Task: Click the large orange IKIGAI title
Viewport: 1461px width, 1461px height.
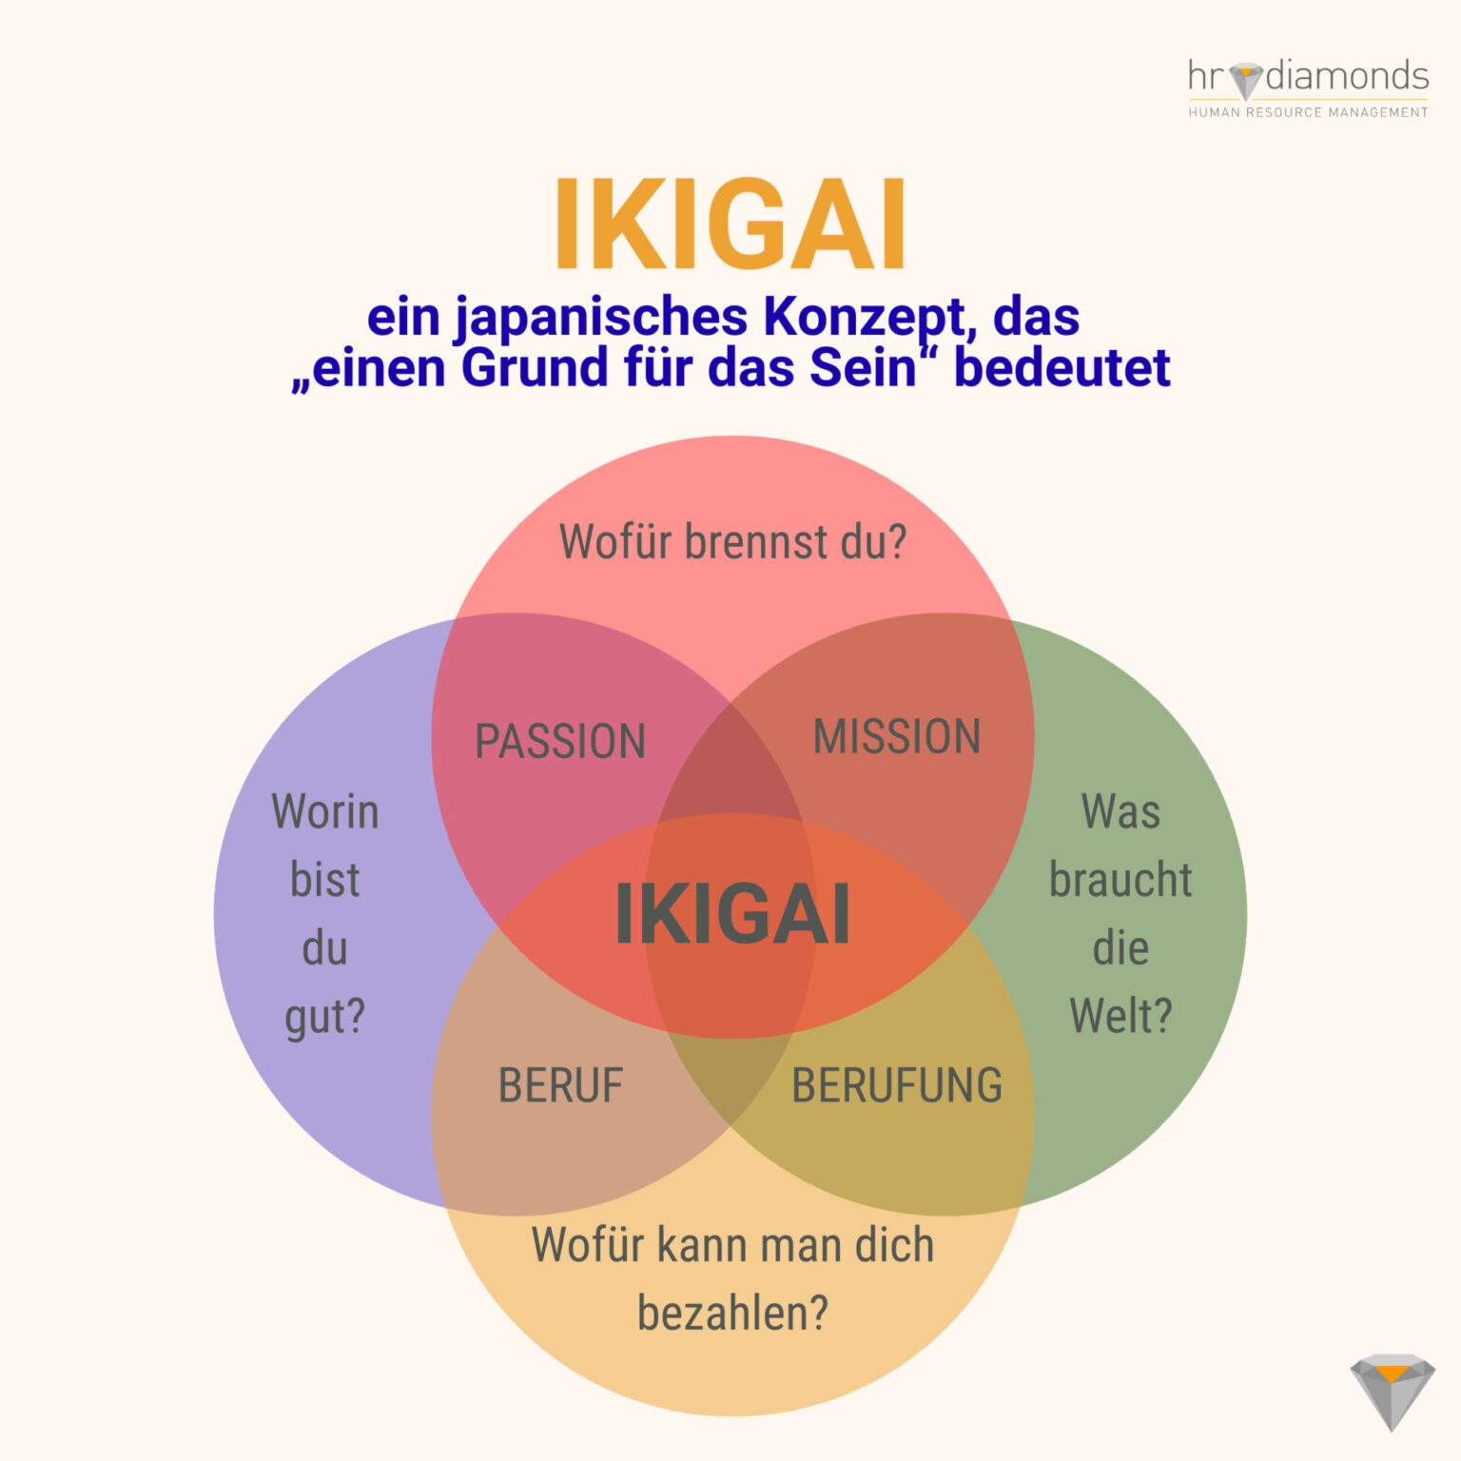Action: tap(730, 225)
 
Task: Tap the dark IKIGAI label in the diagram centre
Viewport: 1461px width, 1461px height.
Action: tap(731, 915)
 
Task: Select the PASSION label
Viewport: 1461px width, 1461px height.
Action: tap(560, 742)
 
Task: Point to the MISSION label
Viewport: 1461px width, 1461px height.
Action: tap(897, 737)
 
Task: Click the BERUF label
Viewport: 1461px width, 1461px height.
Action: tap(560, 1085)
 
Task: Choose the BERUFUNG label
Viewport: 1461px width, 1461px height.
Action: tap(897, 1085)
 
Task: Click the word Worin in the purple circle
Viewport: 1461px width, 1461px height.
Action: tap(325, 812)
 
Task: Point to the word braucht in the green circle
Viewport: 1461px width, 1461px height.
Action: tap(1120, 880)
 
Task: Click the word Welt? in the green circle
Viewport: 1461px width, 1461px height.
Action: tap(1120, 1016)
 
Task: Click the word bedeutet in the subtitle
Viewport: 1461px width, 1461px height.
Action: tap(1062, 368)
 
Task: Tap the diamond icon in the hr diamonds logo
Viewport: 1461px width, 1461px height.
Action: tap(1245, 80)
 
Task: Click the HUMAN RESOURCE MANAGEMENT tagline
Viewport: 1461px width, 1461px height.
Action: tap(1308, 112)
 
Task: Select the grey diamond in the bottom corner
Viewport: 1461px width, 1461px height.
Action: tap(1392, 1391)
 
